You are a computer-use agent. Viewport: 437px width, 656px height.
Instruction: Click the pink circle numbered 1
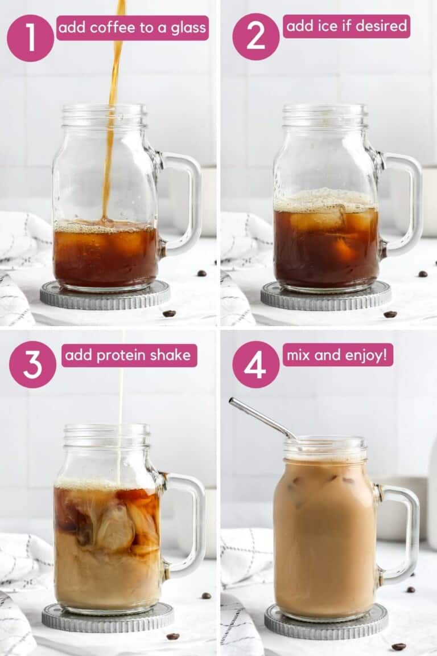tap(30, 38)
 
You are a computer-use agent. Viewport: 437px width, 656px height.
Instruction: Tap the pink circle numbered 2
tap(255, 36)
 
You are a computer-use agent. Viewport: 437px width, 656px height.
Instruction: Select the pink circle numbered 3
tap(32, 364)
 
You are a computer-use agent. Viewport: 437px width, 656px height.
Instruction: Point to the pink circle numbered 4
tap(255, 364)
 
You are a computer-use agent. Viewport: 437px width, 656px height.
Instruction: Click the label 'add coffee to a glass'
tap(133, 28)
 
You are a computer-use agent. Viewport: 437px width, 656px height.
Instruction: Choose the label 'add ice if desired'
tap(347, 26)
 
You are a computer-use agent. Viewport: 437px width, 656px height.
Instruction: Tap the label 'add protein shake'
tap(129, 355)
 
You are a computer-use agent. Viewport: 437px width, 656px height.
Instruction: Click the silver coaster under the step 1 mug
tap(105, 295)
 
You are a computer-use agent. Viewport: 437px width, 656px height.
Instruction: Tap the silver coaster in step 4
tap(326, 622)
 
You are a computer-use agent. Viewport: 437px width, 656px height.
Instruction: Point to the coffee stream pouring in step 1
tap(113, 114)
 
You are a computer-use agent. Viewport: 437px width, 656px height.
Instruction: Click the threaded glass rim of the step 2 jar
tap(325, 116)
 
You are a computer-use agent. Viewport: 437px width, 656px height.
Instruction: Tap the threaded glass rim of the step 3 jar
tap(106, 436)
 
